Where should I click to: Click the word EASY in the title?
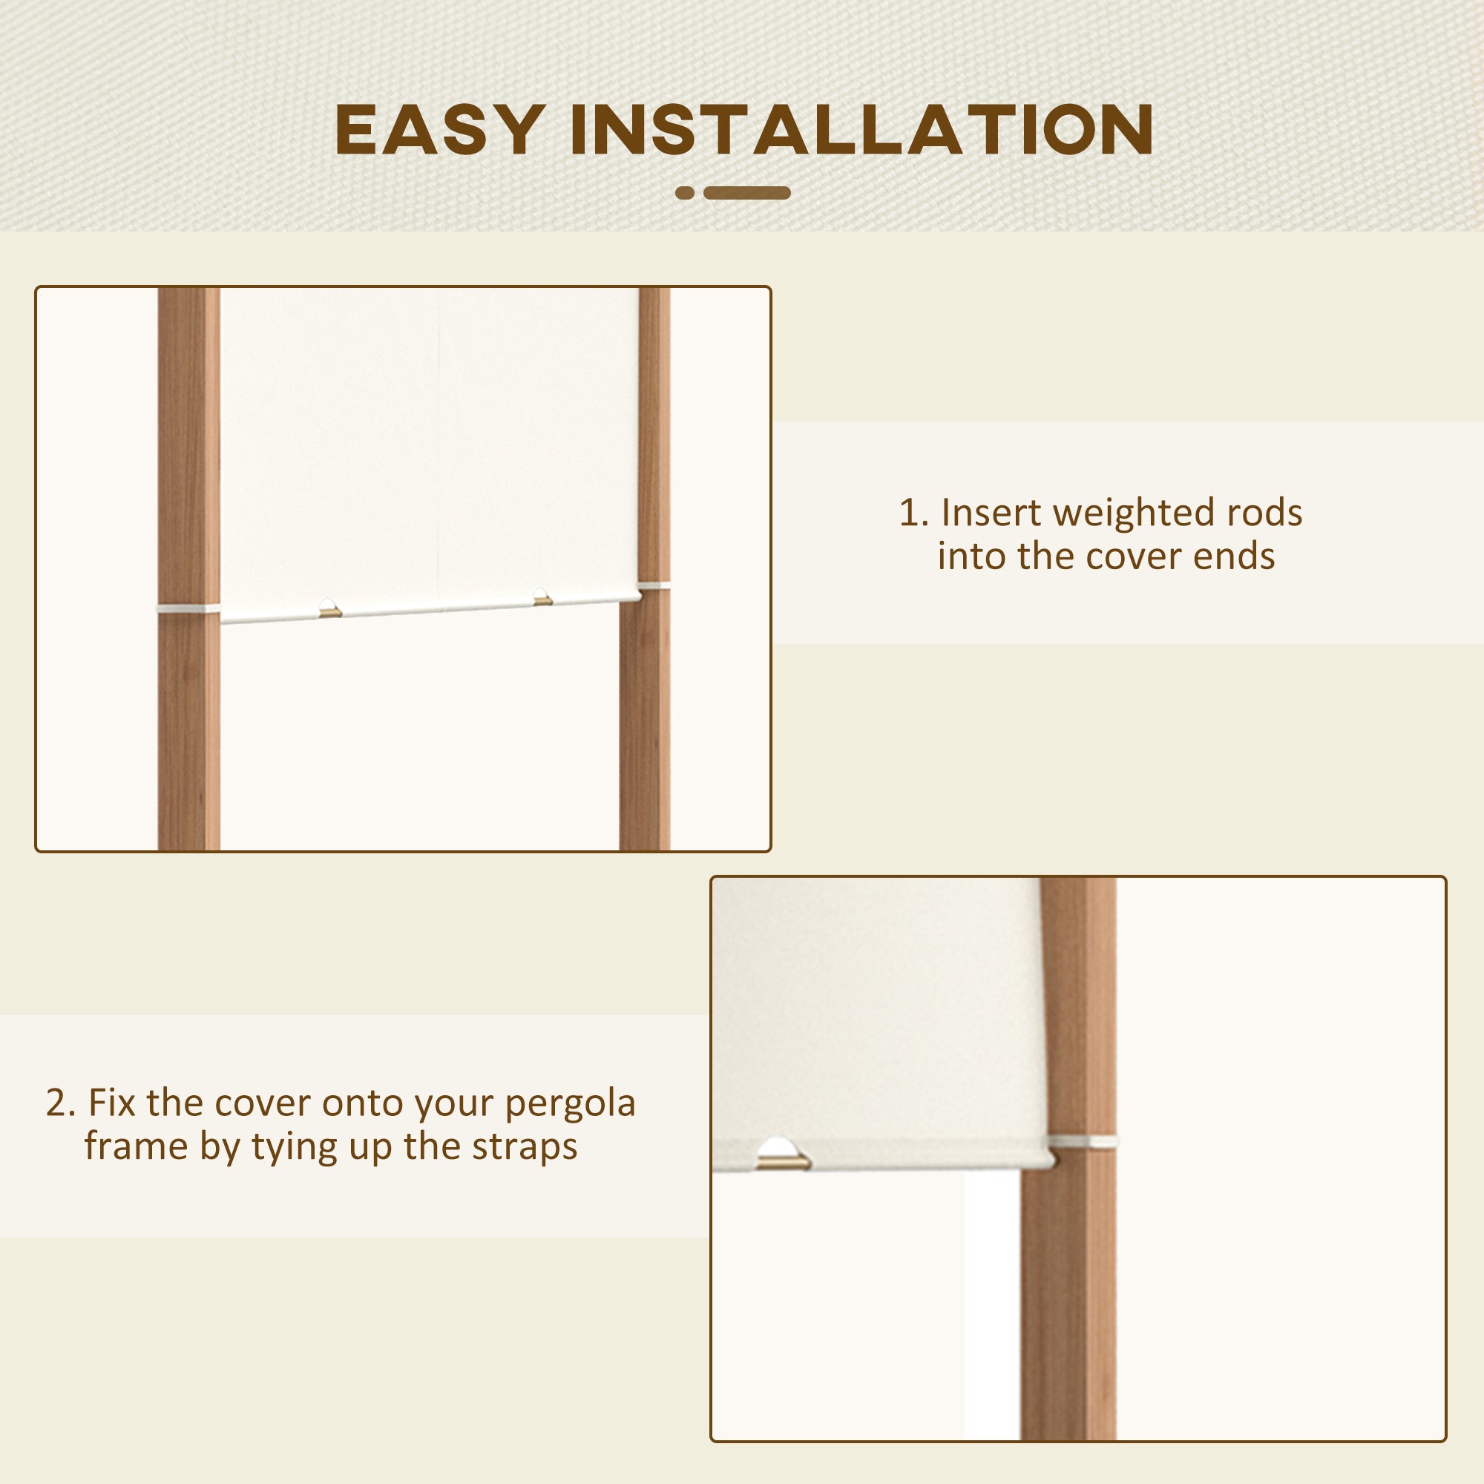(439, 130)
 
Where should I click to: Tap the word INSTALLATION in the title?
(861, 130)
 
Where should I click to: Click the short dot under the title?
(684, 193)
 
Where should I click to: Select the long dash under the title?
(746, 193)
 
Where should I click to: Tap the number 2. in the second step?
(61, 1103)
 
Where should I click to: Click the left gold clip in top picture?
(330, 611)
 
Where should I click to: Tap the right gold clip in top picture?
(542, 598)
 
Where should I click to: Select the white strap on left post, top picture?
(188, 609)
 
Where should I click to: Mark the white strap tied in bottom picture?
(1084, 1141)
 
